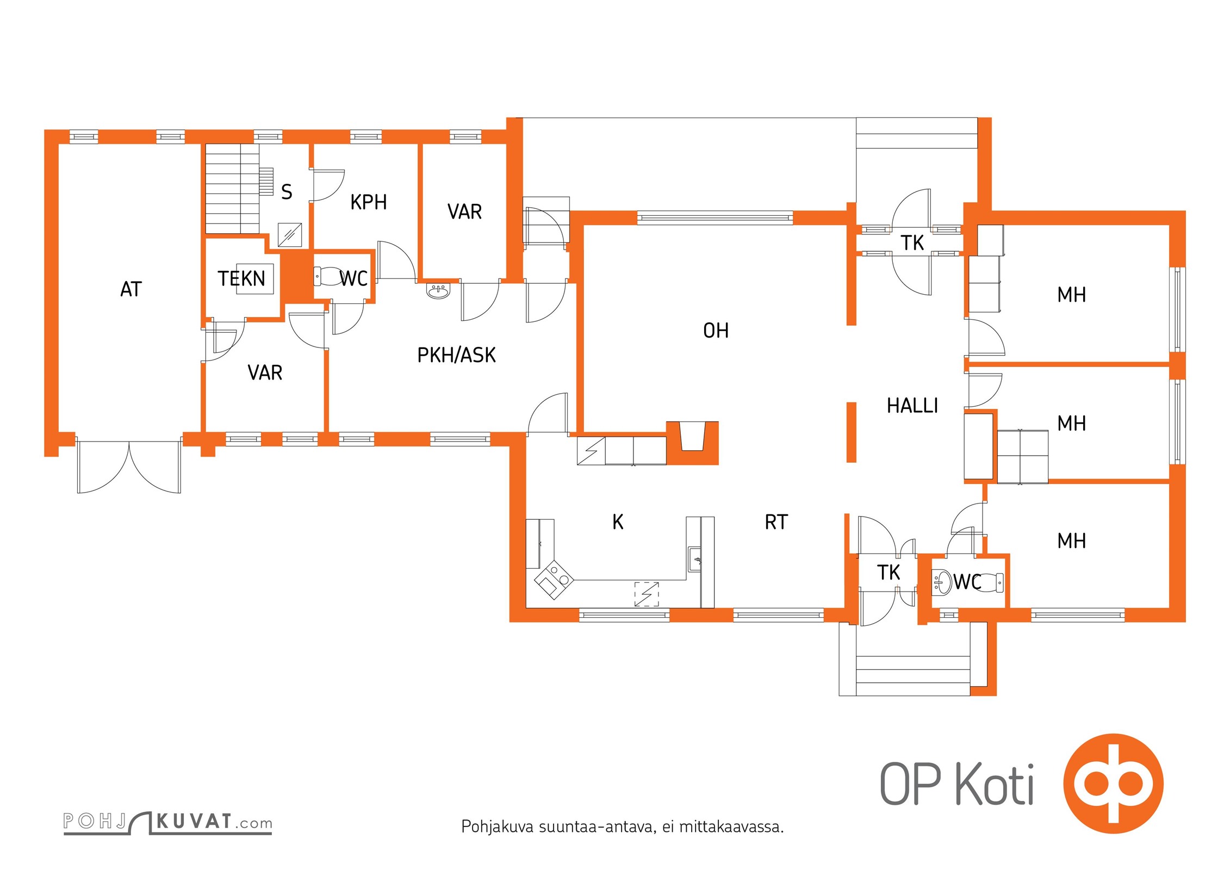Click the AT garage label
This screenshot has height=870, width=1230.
tap(131, 289)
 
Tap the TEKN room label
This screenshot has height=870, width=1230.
tap(241, 279)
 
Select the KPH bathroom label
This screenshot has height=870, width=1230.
tap(369, 202)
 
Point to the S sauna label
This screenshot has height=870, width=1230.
tap(287, 192)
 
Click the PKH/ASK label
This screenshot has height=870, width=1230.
tap(457, 355)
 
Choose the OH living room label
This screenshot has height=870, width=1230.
tap(716, 331)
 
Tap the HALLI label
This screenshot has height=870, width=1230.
tap(912, 406)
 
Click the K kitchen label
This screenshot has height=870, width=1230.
tap(618, 522)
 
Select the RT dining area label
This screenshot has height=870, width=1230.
tap(776, 522)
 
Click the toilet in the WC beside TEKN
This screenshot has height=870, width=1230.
tap(328, 276)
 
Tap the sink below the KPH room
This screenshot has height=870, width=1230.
tap(438, 292)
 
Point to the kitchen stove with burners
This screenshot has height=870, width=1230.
tap(554, 580)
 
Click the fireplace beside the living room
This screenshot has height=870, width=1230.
tap(693, 443)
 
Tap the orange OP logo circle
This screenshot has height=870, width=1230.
tap(1114, 784)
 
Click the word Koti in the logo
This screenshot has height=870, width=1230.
tap(995, 784)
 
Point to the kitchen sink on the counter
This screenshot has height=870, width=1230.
tap(695, 559)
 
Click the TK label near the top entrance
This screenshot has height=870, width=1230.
tap(912, 243)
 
